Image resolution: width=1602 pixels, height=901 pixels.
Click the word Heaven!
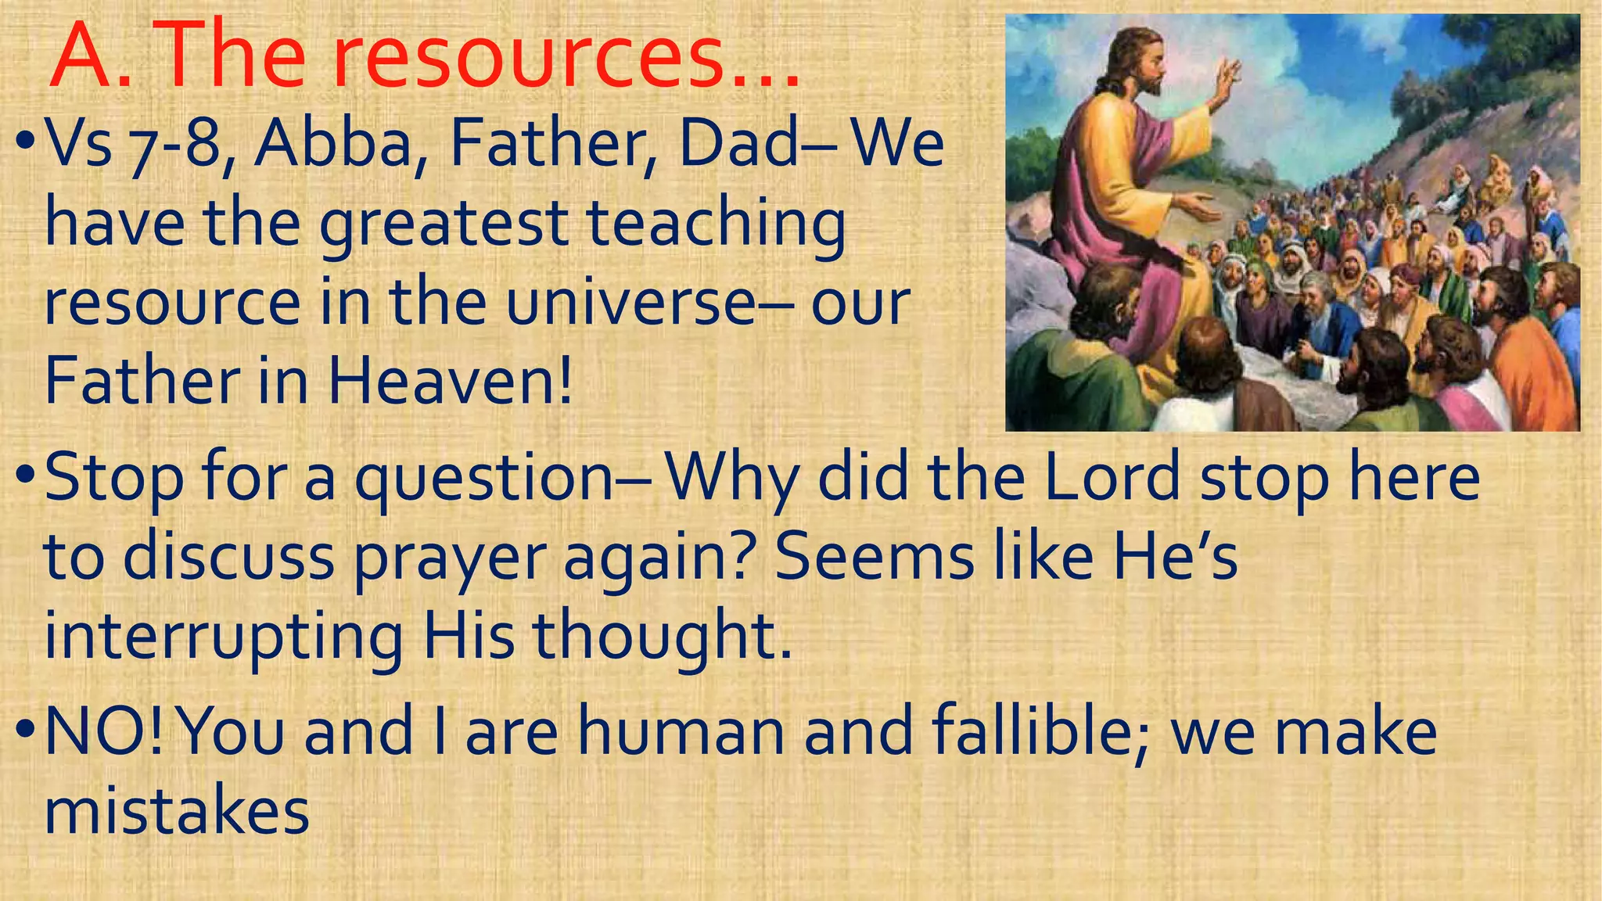pos(450,382)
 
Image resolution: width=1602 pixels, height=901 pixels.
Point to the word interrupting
pos(223,638)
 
